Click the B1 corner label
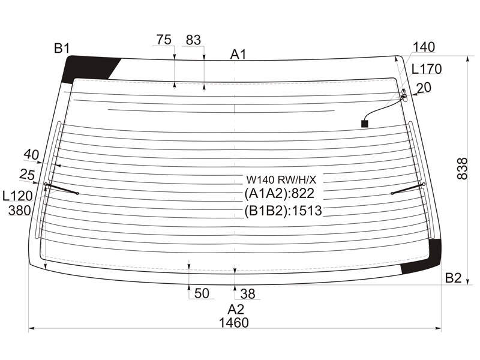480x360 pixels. point(62,49)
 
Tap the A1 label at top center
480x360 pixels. point(238,55)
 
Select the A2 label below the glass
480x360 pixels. point(236,310)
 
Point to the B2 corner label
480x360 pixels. point(453,278)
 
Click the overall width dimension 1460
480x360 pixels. point(234,323)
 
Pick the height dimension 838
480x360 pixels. point(462,169)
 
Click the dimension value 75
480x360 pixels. point(164,40)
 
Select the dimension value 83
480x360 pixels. point(193,40)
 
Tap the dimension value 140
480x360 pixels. point(424,47)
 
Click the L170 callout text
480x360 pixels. point(427,69)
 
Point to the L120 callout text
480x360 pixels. point(17,196)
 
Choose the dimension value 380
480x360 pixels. point(20,211)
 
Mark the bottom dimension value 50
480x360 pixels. point(202,293)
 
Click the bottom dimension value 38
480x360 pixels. point(248,294)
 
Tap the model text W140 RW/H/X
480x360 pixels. point(281,179)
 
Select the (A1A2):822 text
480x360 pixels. point(280,193)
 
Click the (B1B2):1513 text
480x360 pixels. point(283,211)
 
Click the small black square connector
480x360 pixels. point(365,124)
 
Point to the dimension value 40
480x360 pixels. point(31,155)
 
